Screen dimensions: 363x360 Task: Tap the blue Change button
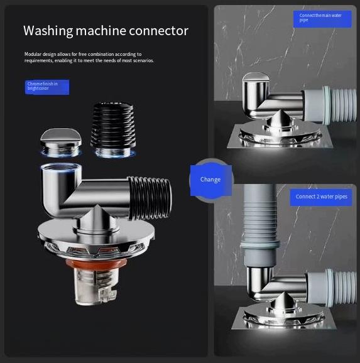[x=210, y=180]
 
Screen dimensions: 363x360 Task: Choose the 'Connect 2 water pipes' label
[x=322, y=197]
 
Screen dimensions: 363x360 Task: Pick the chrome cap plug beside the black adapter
[x=59, y=140]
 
